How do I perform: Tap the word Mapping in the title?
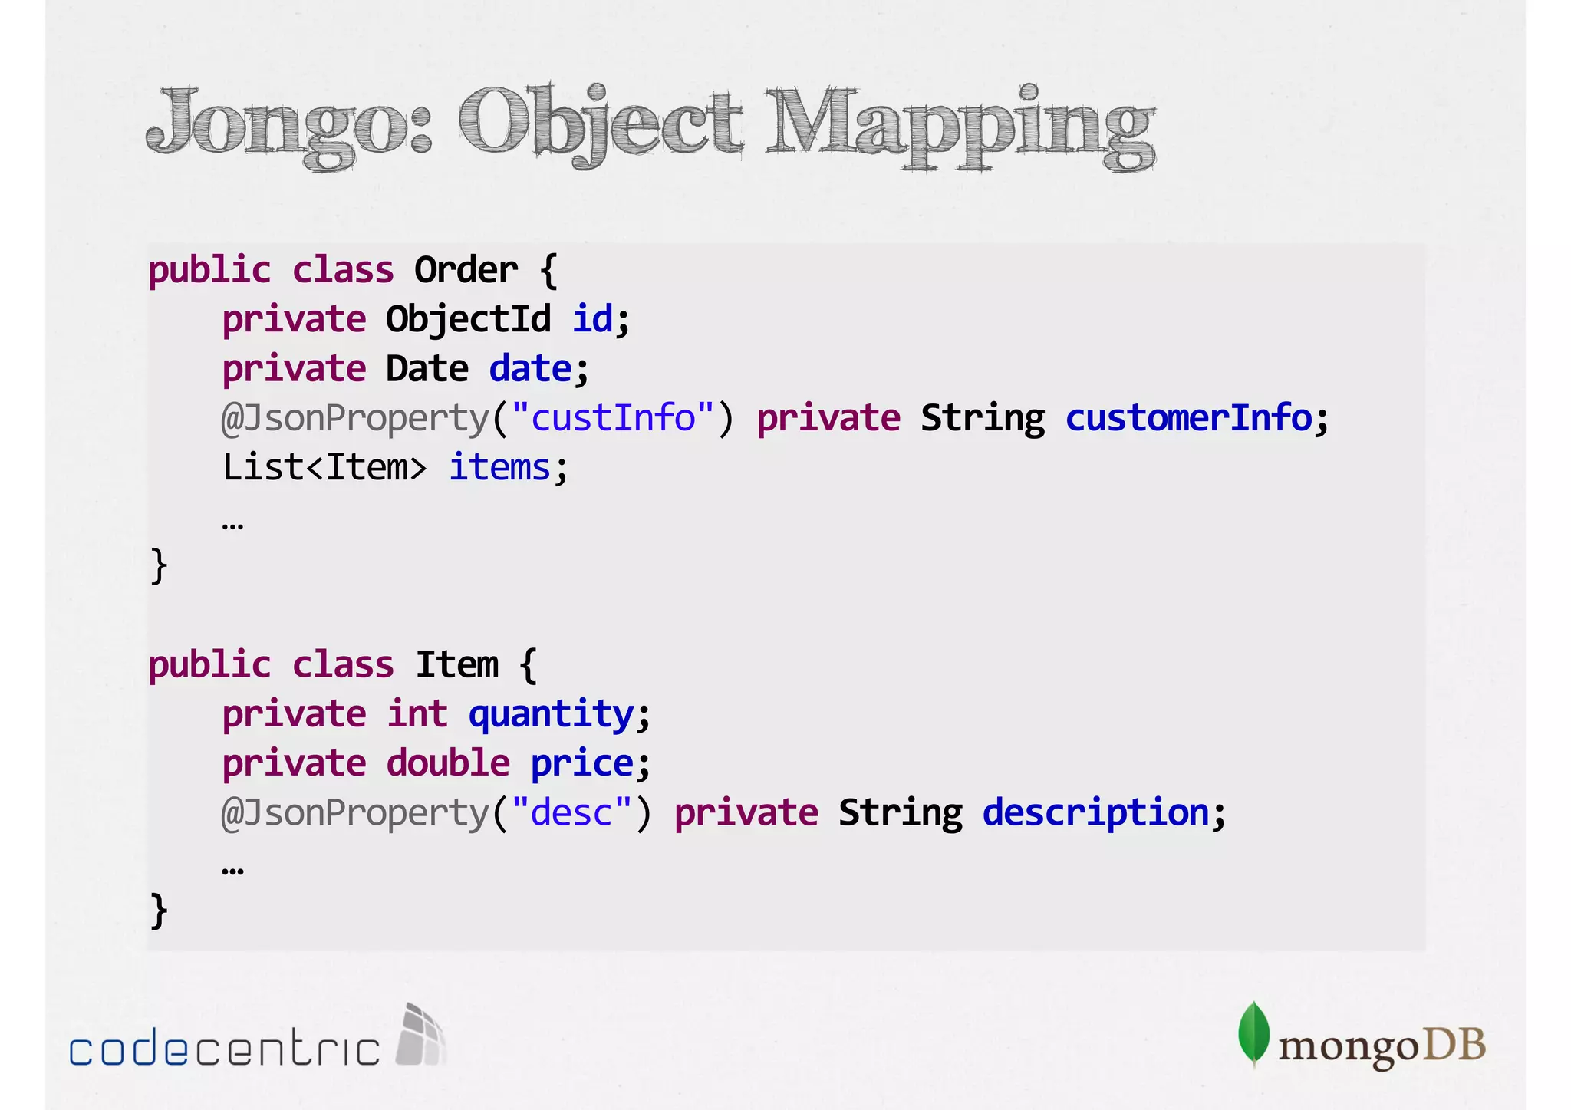tap(959, 126)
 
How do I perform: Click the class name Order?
tap(466, 270)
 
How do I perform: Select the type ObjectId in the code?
tap(468, 319)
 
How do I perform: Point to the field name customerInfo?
tap(1189, 418)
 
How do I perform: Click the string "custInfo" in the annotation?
tap(613, 418)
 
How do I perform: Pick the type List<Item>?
tap(324, 467)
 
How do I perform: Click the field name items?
tap(499, 467)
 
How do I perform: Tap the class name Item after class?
tap(457, 664)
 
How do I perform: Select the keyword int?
tap(417, 714)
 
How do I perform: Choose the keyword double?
tap(448, 763)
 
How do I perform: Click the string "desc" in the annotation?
tap(571, 812)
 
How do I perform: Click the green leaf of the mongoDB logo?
tap(1253, 1033)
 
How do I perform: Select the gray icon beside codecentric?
tap(420, 1035)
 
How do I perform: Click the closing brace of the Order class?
tap(158, 566)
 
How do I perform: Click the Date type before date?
tap(427, 369)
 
